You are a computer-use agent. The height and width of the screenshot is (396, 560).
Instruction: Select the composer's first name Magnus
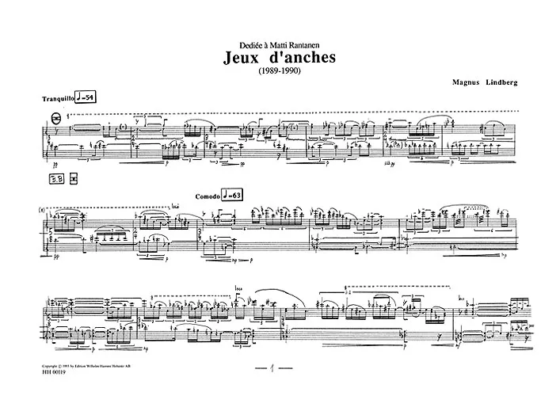click(x=466, y=81)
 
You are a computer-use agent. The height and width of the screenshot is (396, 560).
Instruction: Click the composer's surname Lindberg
click(x=509, y=81)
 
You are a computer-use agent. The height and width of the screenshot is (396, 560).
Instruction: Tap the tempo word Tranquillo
click(x=67, y=97)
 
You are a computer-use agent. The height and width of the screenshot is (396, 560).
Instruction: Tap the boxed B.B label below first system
click(x=57, y=179)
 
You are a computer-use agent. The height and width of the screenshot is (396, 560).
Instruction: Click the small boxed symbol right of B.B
click(x=74, y=179)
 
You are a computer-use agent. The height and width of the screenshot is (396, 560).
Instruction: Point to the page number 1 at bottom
click(x=272, y=370)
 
